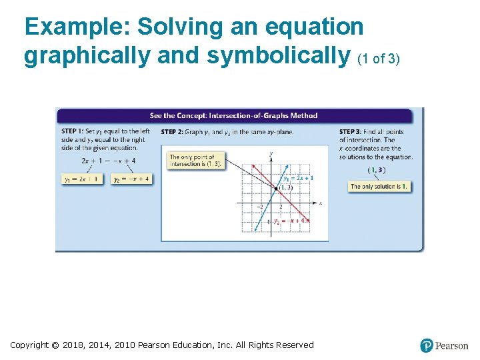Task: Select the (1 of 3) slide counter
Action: click(379, 59)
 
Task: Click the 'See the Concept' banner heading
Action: click(233, 115)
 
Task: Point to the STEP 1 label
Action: click(72, 131)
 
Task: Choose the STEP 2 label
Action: click(172, 131)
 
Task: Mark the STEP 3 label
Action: click(350, 131)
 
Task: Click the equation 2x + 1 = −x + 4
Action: click(109, 161)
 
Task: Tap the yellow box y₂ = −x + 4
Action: click(131, 179)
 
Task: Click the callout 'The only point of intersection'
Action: click(195, 161)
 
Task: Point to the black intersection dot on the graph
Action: click(276, 189)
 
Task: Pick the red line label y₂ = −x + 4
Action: click(291, 220)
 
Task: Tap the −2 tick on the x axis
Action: click(260, 207)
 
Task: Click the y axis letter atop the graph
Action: click(271, 154)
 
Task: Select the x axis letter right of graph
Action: click(321, 203)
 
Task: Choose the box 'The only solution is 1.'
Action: click(379, 186)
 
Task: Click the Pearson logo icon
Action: click(427, 345)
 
